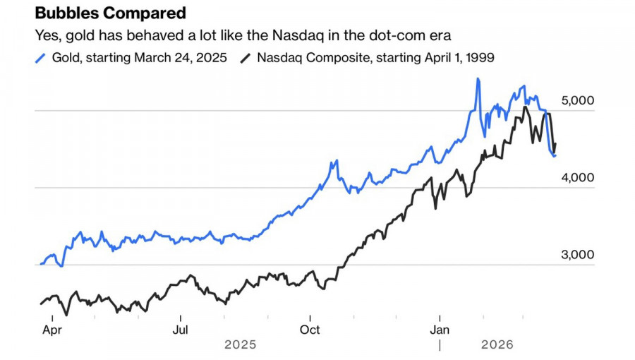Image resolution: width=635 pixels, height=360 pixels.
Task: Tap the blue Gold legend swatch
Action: [40, 58]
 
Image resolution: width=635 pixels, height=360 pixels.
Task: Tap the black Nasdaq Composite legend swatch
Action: [246, 58]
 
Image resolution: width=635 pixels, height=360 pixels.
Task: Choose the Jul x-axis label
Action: [181, 330]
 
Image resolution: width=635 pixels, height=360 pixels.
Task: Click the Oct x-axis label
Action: [310, 330]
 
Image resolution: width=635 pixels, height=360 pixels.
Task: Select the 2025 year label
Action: [241, 345]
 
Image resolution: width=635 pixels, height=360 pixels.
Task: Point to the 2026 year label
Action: [496, 345]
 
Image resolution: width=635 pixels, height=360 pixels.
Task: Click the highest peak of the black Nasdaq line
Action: [525, 107]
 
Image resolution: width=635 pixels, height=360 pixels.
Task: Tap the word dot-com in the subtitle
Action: [403, 35]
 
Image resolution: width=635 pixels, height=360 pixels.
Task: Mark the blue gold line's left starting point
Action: [41, 264]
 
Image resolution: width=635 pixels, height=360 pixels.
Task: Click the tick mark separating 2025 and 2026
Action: [440, 345]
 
